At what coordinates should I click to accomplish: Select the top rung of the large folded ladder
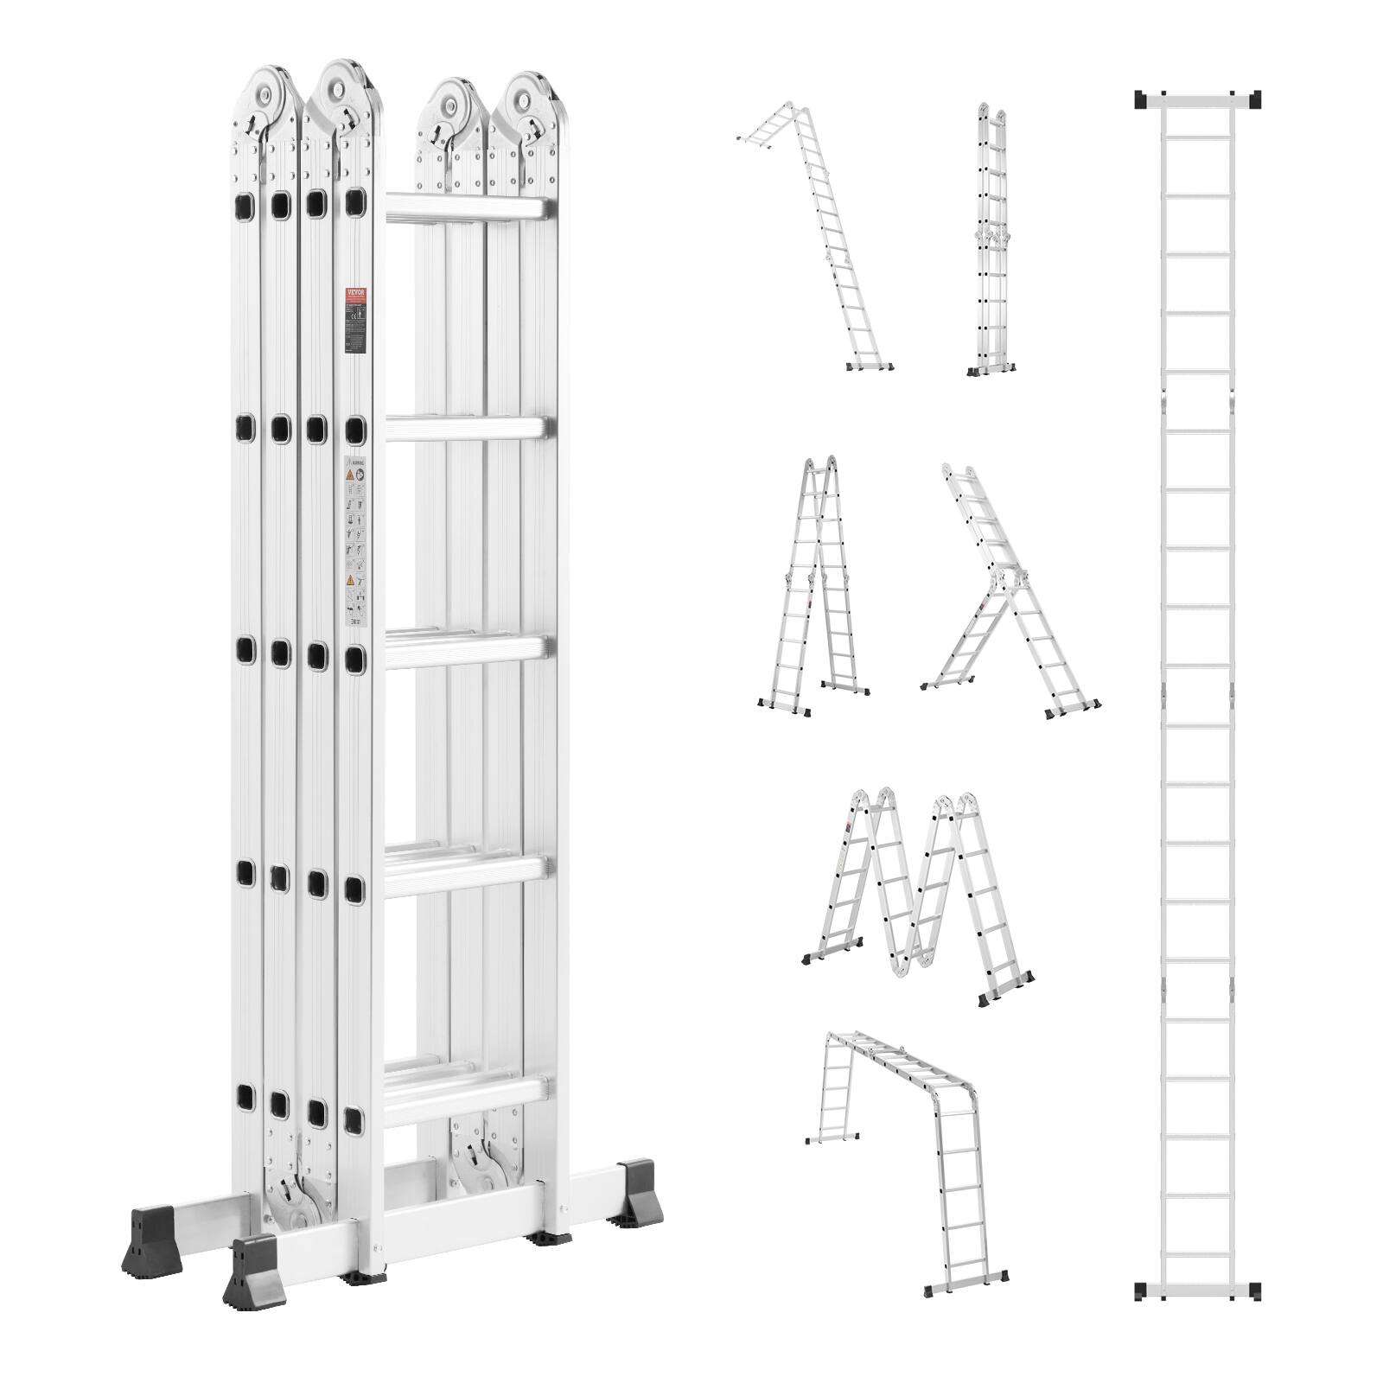pos(467,208)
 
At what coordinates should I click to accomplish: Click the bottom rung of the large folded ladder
pos(467,1091)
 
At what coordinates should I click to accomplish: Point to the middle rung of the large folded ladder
pos(467,650)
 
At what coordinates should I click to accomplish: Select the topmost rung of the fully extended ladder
pos(1197,135)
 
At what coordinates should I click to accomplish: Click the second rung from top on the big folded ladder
pos(467,430)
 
